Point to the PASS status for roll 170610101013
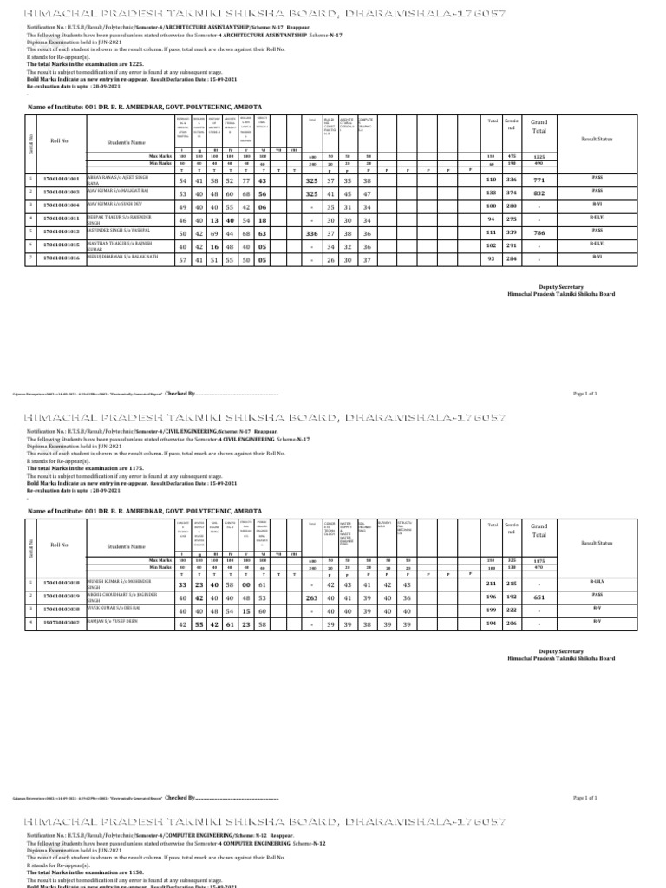pyautogui.click(x=597, y=231)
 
